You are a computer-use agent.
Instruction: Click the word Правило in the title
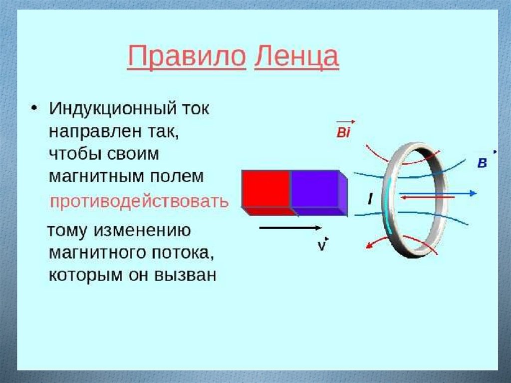[186, 57]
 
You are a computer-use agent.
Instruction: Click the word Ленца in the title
[296, 57]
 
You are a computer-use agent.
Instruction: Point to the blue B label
[482, 163]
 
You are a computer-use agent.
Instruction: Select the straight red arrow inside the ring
[427, 198]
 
